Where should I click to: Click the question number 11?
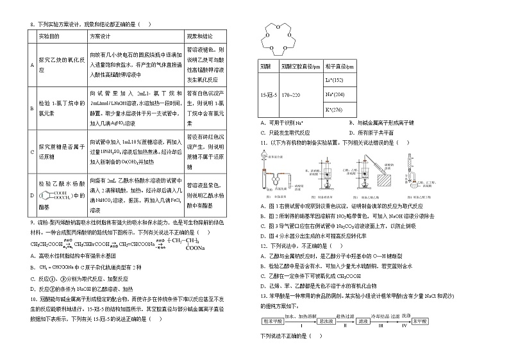(263, 142)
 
